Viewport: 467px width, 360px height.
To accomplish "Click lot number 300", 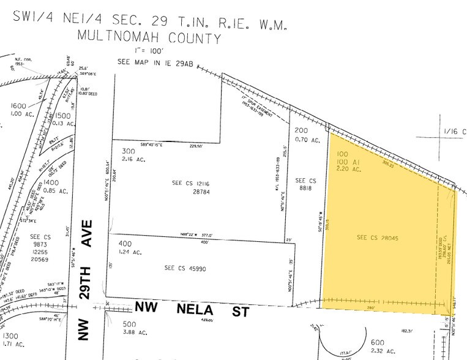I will click(128, 151).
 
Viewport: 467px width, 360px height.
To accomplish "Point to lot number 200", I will click(302, 130).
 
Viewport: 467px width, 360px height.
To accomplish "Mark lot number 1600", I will click(18, 105).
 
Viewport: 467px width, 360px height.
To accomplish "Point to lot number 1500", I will click(64, 115).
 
